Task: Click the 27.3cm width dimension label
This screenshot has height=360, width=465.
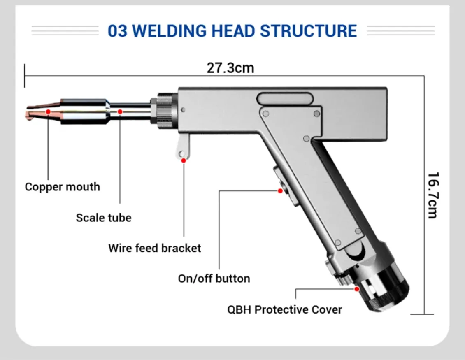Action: pyautogui.click(x=230, y=67)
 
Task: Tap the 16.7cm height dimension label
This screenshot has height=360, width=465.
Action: pyautogui.click(x=432, y=195)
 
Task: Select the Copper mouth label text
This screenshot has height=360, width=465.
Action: pyautogui.click(x=62, y=187)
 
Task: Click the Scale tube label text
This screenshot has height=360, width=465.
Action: pyautogui.click(x=103, y=217)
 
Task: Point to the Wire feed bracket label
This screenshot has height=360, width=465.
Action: pyautogui.click(x=154, y=248)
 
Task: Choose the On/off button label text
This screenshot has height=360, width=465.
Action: pyautogui.click(x=214, y=279)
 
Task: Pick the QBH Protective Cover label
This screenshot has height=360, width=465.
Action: pyautogui.click(x=284, y=309)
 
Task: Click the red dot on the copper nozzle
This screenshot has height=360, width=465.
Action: pyautogui.click(x=48, y=111)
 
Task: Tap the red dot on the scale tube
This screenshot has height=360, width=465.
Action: pyautogui.click(x=120, y=111)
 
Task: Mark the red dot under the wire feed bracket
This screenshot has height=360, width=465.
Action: pyautogui.click(x=184, y=160)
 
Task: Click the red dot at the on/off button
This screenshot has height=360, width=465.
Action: pyautogui.click(x=280, y=191)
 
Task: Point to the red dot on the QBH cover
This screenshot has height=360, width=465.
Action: pyautogui.click(x=357, y=289)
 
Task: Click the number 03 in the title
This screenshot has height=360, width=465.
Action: pyautogui.click(x=118, y=31)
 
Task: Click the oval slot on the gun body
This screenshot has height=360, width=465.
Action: pyautogui.click(x=284, y=99)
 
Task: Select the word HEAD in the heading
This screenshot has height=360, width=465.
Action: pyautogui.click(x=237, y=31)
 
